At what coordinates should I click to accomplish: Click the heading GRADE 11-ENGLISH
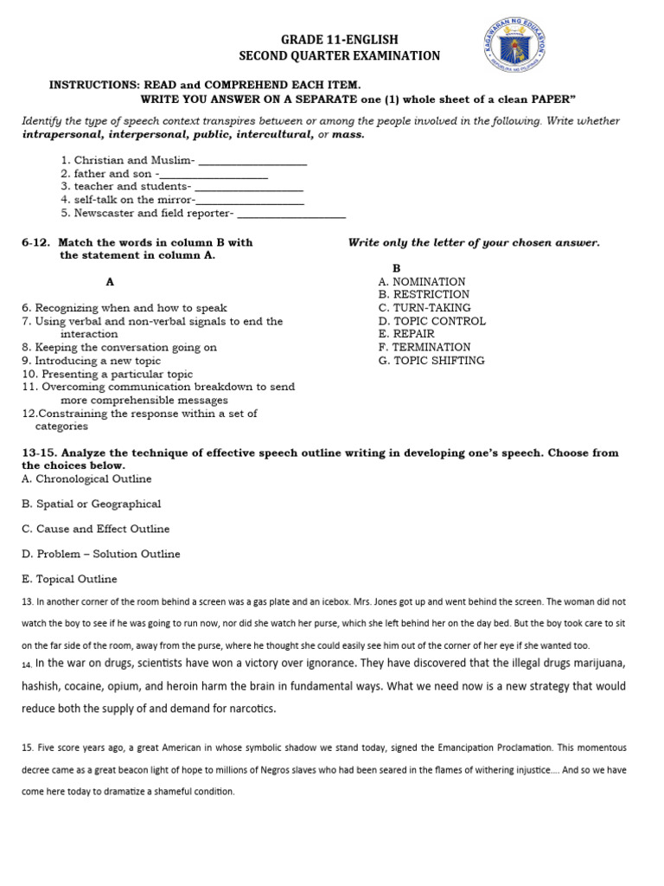pyautogui.click(x=339, y=40)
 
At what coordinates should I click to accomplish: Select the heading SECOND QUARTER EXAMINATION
pyautogui.click(x=339, y=56)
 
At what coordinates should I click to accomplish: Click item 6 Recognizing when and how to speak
pyautogui.click(x=124, y=308)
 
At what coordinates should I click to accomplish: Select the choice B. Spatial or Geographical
pyautogui.click(x=92, y=504)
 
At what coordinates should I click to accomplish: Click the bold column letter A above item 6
pyautogui.click(x=110, y=282)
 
